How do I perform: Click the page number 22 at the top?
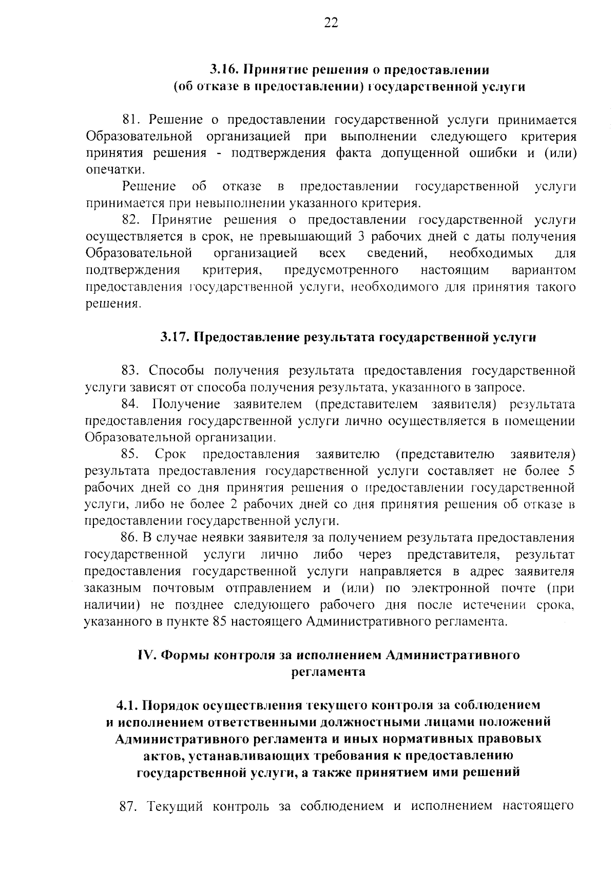[x=331, y=23]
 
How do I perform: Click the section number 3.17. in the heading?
[x=175, y=337]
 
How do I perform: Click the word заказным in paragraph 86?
[x=112, y=588]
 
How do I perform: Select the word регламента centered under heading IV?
[x=329, y=672]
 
